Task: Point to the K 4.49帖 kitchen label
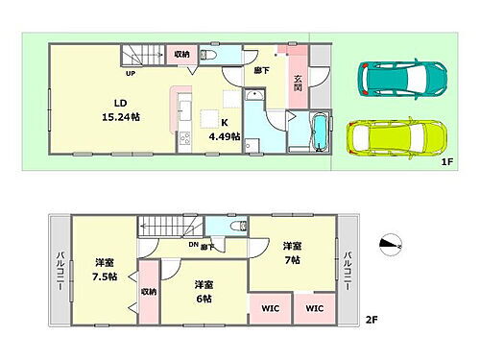[x=225, y=129]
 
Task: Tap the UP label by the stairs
[x=128, y=72]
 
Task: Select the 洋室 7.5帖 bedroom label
[x=104, y=270]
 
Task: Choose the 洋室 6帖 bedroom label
[x=203, y=291]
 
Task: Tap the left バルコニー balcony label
[x=60, y=266]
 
